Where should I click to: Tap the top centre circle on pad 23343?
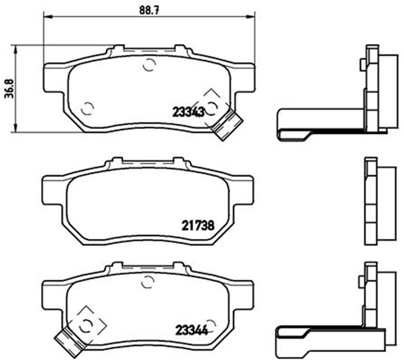[x=150, y=64]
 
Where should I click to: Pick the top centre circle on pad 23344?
[x=150, y=282]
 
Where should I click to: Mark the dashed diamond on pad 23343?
[x=211, y=104]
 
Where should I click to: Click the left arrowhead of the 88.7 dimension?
[x=46, y=20]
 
